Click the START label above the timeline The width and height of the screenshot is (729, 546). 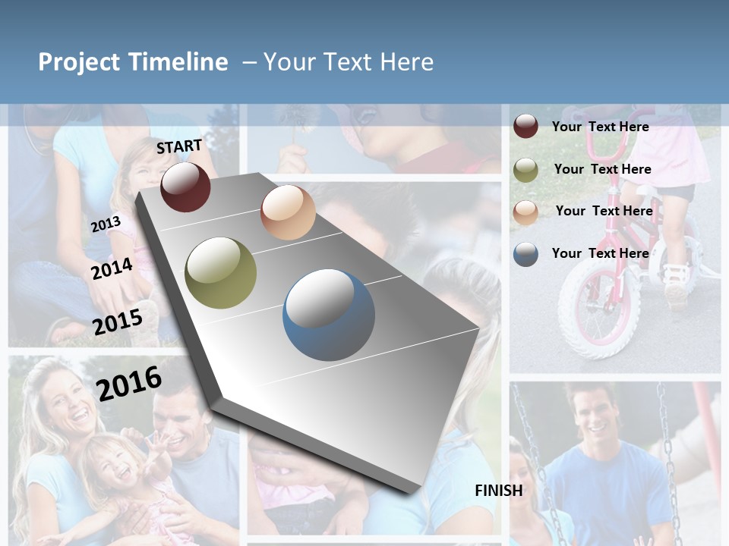(179, 146)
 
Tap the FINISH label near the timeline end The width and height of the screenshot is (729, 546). (499, 491)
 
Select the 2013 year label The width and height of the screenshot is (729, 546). (106, 224)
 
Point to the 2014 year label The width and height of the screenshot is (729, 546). (112, 268)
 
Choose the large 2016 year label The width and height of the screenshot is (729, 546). (129, 383)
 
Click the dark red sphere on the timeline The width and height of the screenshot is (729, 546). (185, 187)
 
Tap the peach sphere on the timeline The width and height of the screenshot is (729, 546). (288, 212)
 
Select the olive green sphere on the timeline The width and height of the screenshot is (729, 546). (221, 273)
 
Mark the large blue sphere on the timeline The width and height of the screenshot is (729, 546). (329, 315)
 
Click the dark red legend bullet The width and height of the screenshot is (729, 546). (525, 127)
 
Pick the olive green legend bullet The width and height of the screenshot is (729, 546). (525, 170)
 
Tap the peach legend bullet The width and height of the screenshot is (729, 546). (525, 212)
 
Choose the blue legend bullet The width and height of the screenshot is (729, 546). (525, 254)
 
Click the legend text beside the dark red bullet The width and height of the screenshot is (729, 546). (600, 127)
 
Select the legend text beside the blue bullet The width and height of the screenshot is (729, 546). (600, 253)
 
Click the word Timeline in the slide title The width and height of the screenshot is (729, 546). (178, 62)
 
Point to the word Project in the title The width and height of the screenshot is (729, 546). (80, 62)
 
